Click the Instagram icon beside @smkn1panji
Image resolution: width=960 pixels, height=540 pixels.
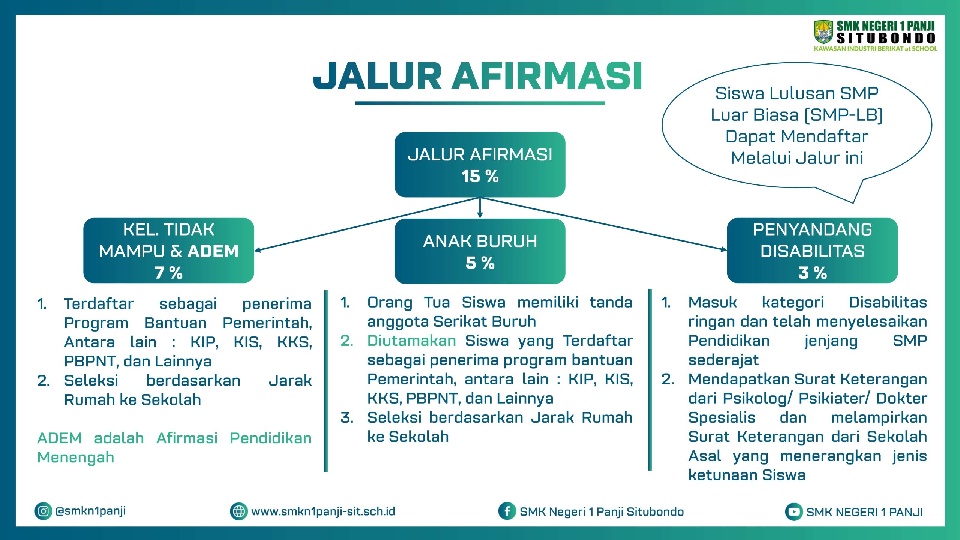tap(43, 511)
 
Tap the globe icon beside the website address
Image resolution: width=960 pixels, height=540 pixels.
tap(239, 511)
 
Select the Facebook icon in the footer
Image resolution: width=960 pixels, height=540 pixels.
tap(507, 511)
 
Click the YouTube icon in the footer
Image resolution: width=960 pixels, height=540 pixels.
tap(794, 511)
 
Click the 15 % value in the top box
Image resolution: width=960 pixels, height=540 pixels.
tap(480, 176)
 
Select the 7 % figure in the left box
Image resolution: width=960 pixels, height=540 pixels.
tap(169, 273)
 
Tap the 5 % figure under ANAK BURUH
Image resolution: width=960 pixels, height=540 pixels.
tap(480, 262)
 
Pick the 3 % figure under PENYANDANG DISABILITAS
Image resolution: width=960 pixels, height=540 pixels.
tap(812, 273)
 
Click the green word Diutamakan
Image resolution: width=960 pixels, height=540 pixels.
tap(411, 340)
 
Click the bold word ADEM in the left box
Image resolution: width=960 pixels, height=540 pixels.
tap(213, 251)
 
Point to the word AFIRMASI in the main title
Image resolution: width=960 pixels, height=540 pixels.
tap(547, 76)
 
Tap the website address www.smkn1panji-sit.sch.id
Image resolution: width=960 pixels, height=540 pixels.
tap(323, 511)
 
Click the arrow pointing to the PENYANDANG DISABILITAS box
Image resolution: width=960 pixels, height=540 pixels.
tap(603, 223)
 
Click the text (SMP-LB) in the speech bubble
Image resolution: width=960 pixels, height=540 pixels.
tap(844, 115)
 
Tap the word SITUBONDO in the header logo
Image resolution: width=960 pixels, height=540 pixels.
tap(886, 38)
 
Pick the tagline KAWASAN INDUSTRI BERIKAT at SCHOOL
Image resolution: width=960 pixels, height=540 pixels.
tap(876, 49)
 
